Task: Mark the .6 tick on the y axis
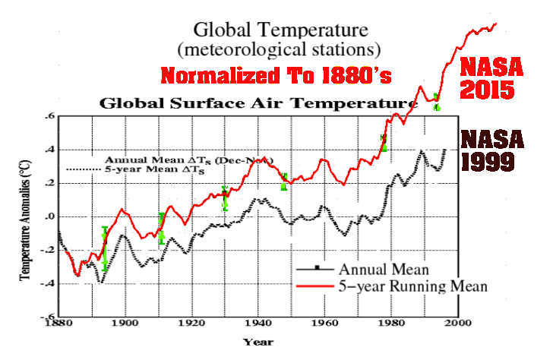point(49,116)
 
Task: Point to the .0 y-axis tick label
point(49,217)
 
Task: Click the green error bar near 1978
point(384,142)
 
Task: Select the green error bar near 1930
point(224,198)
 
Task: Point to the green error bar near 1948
point(283,182)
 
